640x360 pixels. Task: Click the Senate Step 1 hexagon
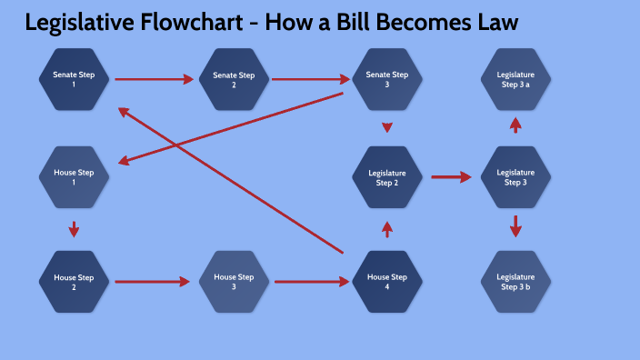[74, 79]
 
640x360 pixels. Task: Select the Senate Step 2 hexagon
[234, 79]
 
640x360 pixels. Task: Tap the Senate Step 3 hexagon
[387, 79]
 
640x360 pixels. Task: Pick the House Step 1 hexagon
[74, 177]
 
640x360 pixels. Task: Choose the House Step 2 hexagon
[74, 282]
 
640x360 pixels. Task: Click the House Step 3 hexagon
[234, 282]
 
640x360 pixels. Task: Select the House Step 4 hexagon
[387, 282]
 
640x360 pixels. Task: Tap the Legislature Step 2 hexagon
[387, 177]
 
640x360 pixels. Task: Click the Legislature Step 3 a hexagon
[515, 79]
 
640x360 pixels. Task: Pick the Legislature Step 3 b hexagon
[515, 282]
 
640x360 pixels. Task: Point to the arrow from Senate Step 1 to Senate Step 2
[154, 79]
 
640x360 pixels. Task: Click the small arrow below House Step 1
[74, 228]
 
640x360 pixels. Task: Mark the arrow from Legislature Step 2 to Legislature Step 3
[451, 177]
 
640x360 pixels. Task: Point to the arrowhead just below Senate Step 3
[387, 127]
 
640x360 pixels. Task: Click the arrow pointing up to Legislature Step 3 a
[515, 125]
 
